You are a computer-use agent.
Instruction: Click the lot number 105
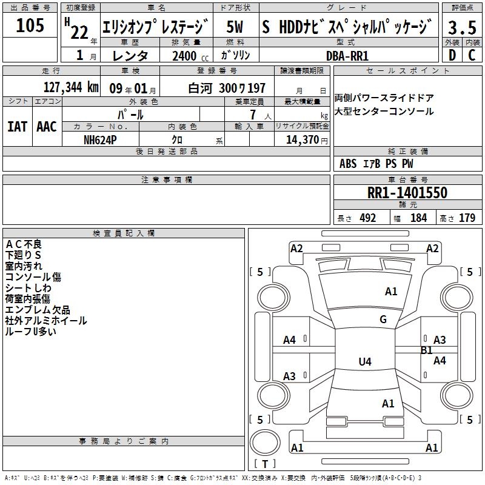point(30,25)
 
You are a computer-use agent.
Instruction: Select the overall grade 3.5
point(462,27)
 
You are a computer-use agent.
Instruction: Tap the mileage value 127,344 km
point(71,87)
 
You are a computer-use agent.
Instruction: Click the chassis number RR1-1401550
point(407,193)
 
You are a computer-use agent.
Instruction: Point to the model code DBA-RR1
point(347,56)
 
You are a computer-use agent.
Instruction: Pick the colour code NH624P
point(100,140)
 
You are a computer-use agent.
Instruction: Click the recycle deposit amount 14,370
point(302,140)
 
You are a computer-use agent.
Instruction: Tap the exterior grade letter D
point(452,55)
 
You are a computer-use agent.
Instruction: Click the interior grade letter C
point(472,55)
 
